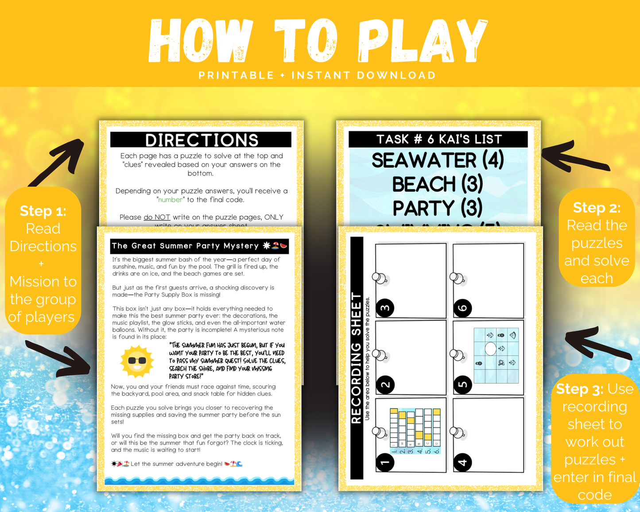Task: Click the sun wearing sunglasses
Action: click(137, 361)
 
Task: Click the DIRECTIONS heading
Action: click(202, 140)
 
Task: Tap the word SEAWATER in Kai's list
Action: click(423, 160)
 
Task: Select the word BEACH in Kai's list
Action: click(424, 184)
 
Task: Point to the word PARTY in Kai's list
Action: click(423, 208)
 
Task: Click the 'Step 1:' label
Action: click(43, 211)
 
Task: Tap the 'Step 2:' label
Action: click(597, 208)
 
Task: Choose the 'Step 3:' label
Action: click(579, 389)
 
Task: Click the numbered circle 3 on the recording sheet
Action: click(385, 308)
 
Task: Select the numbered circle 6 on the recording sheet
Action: click(463, 308)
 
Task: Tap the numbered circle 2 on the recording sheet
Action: click(385, 384)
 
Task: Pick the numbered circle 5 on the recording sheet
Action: click(463, 384)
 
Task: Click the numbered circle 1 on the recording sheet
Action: click(385, 463)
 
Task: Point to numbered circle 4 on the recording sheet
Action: click(463, 463)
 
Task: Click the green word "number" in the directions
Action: click(171, 200)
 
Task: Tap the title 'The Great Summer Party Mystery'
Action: click(185, 246)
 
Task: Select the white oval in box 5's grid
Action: click(490, 349)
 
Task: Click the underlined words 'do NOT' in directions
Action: click(157, 217)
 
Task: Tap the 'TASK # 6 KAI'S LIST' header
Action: click(438, 139)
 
